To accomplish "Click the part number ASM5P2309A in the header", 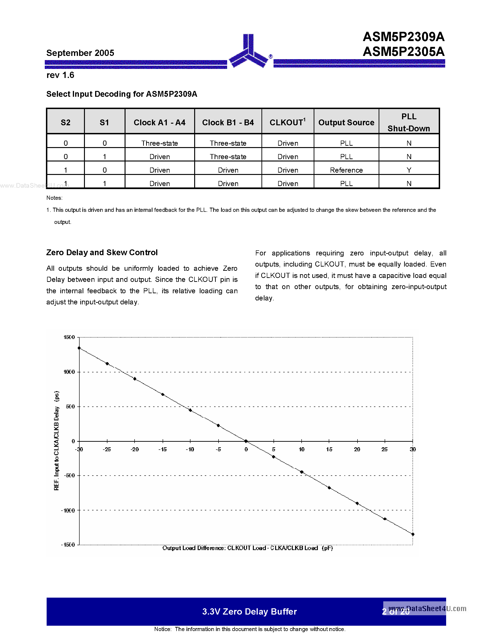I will click(x=403, y=37).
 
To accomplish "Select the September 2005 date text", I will click(x=80, y=53).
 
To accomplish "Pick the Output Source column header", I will click(x=346, y=122).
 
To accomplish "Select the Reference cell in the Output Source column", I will click(x=346, y=170).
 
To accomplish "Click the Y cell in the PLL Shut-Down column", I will click(x=409, y=170).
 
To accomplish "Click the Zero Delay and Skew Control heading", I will click(x=102, y=252).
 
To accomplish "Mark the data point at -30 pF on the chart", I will click(x=79, y=348).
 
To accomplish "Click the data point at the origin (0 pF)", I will click(x=246, y=441).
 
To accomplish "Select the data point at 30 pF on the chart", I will click(x=413, y=534).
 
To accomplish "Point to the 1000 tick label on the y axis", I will click(x=69, y=372).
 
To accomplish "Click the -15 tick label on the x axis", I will click(x=162, y=449).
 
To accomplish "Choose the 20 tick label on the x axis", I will click(x=357, y=449).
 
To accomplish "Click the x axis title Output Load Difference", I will click(x=247, y=548).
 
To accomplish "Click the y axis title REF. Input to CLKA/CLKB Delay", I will click(x=57, y=441).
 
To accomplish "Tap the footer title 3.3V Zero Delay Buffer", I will click(x=249, y=611).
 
